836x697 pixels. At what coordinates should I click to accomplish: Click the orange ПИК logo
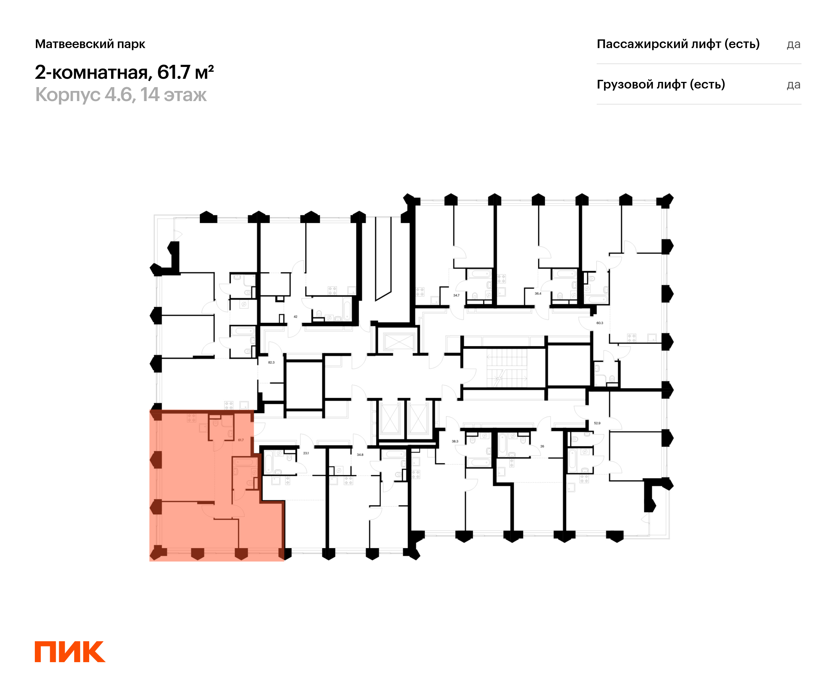[x=70, y=652]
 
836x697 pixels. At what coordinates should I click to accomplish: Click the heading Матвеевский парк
[x=90, y=44]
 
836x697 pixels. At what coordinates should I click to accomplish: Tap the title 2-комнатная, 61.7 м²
[x=124, y=72]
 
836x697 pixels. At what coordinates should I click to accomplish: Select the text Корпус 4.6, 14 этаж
[x=121, y=95]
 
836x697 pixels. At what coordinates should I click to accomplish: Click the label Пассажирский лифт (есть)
[x=678, y=44]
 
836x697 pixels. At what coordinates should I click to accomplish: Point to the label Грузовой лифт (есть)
[x=661, y=84]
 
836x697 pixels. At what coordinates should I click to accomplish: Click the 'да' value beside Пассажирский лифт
[x=794, y=44]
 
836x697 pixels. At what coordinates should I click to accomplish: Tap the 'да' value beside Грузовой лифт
[x=794, y=85]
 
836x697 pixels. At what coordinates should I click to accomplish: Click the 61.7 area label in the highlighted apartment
[x=241, y=440]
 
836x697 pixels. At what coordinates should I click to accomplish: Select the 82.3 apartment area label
[x=271, y=362]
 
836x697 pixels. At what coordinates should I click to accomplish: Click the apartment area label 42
[x=295, y=317]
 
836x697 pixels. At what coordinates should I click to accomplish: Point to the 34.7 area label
[x=456, y=296]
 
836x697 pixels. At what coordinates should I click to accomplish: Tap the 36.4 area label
[x=538, y=293]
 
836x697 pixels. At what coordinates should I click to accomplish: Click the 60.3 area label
[x=599, y=323]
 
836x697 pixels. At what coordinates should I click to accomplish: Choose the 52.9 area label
[x=597, y=423]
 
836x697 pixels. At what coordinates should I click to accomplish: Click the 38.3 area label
[x=455, y=441]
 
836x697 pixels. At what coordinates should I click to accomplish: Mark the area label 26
[x=542, y=446]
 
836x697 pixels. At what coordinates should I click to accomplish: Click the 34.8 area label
[x=360, y=454]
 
